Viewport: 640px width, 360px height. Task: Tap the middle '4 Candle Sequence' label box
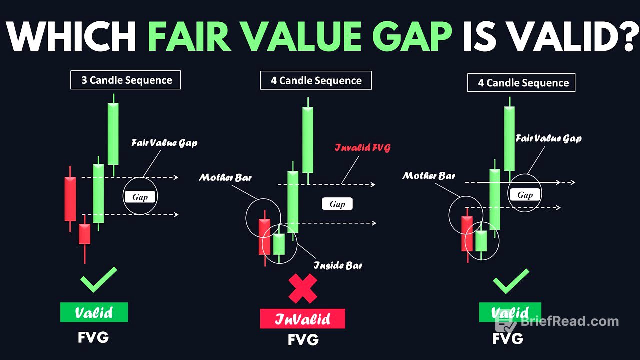click(316, 80)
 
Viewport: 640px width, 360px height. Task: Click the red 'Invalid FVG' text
click(362, 148)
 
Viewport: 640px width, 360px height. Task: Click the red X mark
click(303, 289)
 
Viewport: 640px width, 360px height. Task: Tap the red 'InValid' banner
click(302, 319)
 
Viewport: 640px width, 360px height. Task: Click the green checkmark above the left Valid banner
click(98, 280)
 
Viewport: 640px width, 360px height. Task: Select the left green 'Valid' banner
click(94, 312)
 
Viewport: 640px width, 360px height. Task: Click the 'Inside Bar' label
click(338, 265)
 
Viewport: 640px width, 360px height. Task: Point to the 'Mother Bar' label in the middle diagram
click(225, 177)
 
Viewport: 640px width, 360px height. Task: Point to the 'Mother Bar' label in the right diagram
click(429, 176)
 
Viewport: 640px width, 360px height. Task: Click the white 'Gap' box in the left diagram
click(140, 197)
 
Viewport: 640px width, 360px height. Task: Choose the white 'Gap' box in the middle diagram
click(337, 204)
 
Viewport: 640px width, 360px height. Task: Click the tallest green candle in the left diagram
click(113, 134)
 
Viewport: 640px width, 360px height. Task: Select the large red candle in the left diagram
click(70, 198)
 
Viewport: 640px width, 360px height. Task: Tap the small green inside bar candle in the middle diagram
click(278, 244)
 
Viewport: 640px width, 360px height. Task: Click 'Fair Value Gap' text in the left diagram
click(164, 143)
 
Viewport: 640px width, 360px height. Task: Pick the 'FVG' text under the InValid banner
click(303, 340)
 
